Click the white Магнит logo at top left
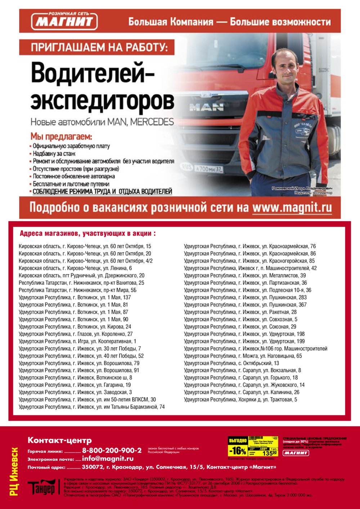click(x=65, y=21)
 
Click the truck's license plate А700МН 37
click(x=208, y=168)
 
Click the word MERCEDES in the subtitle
click(x=152, y=122)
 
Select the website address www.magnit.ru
click(x=292, y=208)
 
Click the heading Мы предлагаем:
click(x=61, y=137)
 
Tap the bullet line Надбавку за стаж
click(x=54, y=154)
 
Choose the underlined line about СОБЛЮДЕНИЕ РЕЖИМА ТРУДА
click(x=102, y=191)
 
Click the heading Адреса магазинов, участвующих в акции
click(x=88, y=233)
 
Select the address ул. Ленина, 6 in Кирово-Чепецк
click(x=75, y=268)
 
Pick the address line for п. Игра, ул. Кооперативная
click(x=77, y=341)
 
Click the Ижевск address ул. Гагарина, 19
click(x=75, y=385)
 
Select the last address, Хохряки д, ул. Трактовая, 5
click(x=240, y=399)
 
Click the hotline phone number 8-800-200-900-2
click(x=112, y=450)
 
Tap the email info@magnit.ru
click(x=108, y=459)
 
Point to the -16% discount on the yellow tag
click(x=238, y=450)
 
